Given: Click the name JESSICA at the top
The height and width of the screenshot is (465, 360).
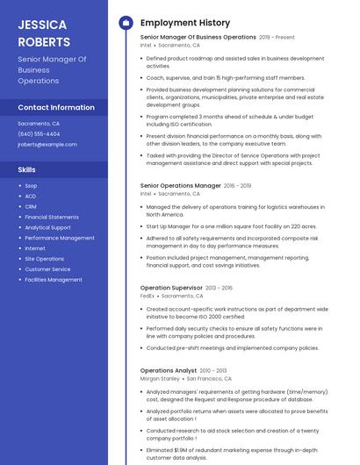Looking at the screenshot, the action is (x=43, y=24).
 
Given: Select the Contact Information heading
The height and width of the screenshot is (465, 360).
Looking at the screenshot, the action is (x=56, y=107).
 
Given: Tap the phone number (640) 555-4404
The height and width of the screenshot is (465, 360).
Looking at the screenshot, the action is (x=39, y=134).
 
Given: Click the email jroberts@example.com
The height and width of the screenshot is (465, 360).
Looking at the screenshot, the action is (x=47, y=145).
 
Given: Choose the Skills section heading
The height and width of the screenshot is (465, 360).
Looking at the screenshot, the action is (x=27, y=169).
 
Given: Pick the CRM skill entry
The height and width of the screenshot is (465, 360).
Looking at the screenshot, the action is (x=31, y=206).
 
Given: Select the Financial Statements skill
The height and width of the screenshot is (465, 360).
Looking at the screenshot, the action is (x=52, y=217).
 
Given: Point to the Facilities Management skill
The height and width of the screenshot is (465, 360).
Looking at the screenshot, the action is (x=54, y=280).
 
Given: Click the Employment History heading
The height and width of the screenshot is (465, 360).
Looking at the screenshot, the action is (x=185, y=23).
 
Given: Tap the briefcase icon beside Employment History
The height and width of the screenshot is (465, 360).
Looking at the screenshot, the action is (x=125, y=23).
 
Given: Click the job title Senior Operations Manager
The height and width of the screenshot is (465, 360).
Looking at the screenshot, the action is (x=181, y=186).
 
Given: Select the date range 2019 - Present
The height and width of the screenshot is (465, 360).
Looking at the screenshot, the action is (x=277, y=38).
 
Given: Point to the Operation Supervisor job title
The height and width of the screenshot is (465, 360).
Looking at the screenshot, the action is (x=171, y=288).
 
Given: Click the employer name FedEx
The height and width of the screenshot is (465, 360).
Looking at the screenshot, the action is (x=148, y=297).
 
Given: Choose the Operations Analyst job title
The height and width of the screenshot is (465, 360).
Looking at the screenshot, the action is (x=169, y=371).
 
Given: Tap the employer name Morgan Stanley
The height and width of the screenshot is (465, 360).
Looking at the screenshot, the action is (x=158, y=379).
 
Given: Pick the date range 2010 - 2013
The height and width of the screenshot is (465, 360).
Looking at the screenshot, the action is (x=212, y=371).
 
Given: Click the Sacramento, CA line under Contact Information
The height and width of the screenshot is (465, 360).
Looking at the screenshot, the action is (x=39, y=124).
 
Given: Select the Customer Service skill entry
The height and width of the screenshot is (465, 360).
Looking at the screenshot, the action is (x=47, y=269).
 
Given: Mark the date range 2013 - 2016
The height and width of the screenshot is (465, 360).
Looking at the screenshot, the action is (x=220, y=288).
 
